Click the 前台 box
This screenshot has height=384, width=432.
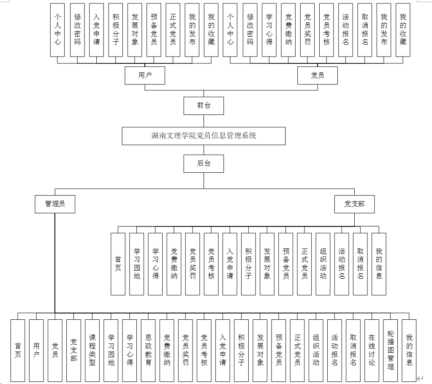pos(204,106)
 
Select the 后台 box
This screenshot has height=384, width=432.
pos(204,163)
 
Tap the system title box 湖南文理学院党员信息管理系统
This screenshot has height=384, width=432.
pos(204,136)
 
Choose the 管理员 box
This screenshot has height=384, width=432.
pos(55,204)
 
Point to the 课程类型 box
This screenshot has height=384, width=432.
pos(92,350)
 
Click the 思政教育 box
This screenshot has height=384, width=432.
pos(148,350)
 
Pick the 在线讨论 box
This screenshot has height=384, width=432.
pos(372,350)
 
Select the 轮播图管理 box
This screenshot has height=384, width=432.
pos(390,350)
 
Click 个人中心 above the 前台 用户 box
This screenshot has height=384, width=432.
pos(57,30)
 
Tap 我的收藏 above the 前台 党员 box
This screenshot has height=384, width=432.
pos(403,30)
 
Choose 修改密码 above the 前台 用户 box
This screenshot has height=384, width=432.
pos(77,30)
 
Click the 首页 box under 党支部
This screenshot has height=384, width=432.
pos(118,264)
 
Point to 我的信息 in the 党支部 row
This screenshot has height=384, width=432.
pos(379,264)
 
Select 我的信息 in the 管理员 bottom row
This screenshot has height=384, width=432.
pos(409,350)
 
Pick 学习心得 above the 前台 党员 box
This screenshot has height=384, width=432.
pos(269,30)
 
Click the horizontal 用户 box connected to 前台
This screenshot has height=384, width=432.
pos(145,76)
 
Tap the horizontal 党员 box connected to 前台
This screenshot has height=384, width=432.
pos(317,76)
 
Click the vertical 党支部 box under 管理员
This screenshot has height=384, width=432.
pos(73,350)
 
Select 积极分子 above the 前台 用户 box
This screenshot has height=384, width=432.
pos(116,30)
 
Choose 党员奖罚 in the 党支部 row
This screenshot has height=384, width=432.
pos(193,264)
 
